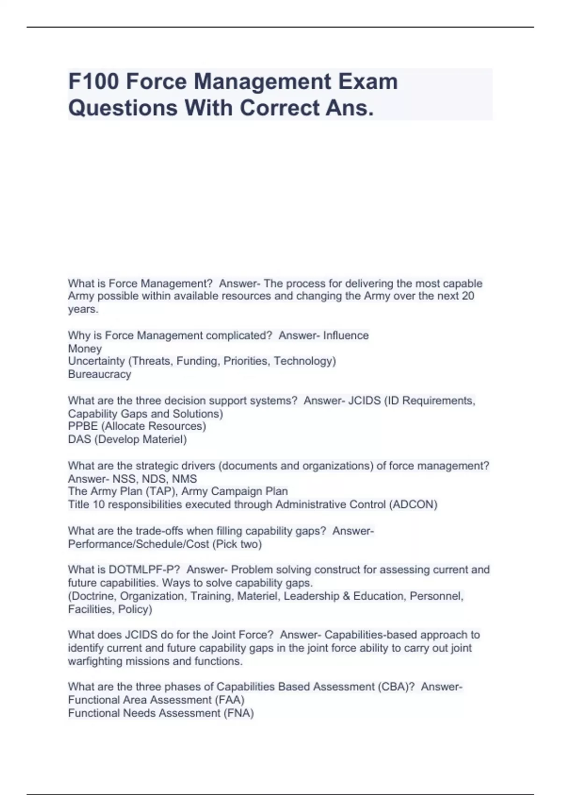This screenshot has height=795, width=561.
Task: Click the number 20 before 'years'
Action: point(468,296)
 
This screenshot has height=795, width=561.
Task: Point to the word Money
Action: point(85,348)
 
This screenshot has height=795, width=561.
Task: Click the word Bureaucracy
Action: point(100,374)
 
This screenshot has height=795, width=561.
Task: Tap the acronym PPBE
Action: point(83,426)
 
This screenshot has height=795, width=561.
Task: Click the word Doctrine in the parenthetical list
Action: point(93,596)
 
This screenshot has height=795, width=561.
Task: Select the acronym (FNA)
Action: point(239,713)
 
